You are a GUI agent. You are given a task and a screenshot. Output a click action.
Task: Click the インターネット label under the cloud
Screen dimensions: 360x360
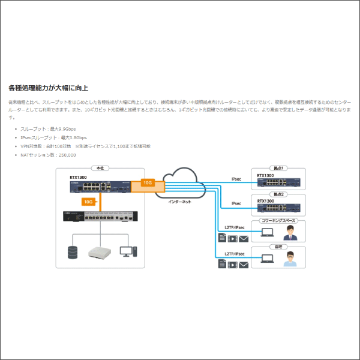179,202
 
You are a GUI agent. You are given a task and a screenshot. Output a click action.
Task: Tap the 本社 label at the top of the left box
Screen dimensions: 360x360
100,169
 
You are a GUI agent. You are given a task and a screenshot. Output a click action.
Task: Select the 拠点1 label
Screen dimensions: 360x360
278,169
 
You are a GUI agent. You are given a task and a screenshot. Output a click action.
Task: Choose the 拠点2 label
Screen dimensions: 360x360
278,195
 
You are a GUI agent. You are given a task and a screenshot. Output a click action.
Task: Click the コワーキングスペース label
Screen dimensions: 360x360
278,221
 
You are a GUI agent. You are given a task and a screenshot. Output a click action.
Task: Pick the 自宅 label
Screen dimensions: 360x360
278,247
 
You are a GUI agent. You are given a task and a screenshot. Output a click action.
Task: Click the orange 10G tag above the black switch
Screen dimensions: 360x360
88,202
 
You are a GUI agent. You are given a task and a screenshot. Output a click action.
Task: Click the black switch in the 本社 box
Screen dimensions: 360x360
100,218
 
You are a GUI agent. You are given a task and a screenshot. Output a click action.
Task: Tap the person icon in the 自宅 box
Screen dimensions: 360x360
290,259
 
